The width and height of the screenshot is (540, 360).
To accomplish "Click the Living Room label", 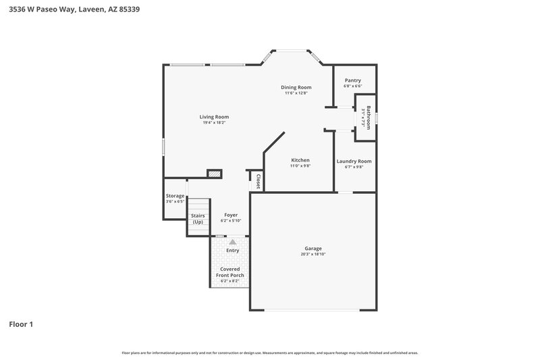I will click(213, 117).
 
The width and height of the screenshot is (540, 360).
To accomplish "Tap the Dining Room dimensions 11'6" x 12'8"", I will click(296, 93).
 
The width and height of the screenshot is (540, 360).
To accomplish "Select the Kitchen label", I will click(300, 160).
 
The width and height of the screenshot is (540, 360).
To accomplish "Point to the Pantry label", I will click(352, 80).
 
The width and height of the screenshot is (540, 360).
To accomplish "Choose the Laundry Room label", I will click(354, 161).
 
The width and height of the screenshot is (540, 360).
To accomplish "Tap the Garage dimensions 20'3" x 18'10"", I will click(313, 255).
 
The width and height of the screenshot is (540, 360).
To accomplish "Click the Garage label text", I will click(313, 249).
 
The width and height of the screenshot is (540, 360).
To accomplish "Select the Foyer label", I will click(231, 215).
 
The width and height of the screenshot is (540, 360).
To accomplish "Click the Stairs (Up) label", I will click(198, 218).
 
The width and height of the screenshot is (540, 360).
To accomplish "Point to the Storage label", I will click(175, 196).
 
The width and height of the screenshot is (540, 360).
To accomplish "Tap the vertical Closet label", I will click(258, 180).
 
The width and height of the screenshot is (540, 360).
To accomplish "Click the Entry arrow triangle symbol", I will click(232, 241).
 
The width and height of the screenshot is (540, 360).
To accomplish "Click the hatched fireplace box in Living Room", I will click(215, 174).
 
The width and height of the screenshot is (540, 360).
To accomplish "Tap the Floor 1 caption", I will click(21, 324).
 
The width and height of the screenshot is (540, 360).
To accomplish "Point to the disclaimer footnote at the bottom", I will click(269, 353).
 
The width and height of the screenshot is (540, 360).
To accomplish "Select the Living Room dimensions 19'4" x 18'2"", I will click(213, 123).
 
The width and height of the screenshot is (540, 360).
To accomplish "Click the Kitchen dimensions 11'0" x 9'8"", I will click(300, 166).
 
